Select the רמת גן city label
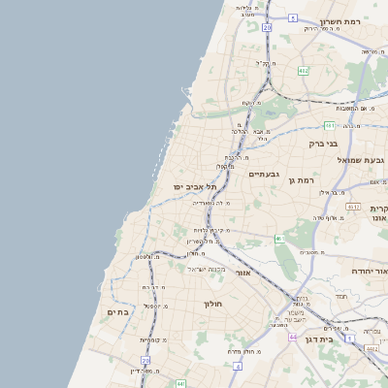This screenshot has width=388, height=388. [305, 179]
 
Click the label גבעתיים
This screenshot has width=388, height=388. [264, 175]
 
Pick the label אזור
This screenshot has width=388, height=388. [242, 274]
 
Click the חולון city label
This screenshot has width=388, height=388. [213, 304]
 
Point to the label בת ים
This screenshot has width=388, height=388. [117, 311]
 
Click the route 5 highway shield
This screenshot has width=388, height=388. [293, 17]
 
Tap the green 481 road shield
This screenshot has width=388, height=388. [330, 125]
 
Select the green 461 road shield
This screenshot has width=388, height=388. [278, 238]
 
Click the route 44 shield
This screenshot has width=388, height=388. [293, 337]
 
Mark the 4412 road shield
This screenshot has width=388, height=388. [372, 346]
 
